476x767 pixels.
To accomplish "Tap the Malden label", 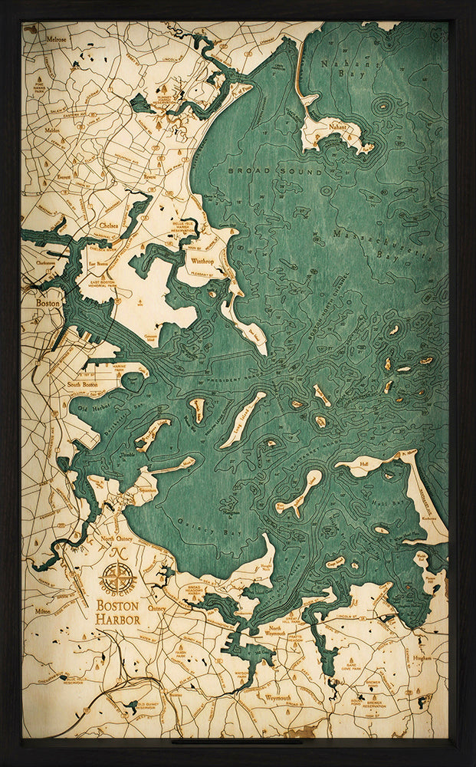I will click(x=53, y=130).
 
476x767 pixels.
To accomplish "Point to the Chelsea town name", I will click(x=108, y=225).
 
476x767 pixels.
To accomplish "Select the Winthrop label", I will click(x=202, y=259).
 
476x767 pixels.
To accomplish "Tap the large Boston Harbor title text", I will click(x=117, y=611).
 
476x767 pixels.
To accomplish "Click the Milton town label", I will click(x=43, y=612).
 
